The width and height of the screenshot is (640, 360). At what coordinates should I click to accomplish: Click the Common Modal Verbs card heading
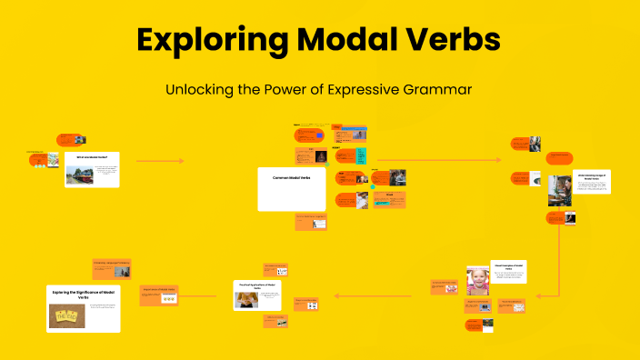pos(292,178)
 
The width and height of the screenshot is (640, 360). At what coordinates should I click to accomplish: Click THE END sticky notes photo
pos(67,315)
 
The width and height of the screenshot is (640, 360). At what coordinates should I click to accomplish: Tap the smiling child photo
pos(478,282)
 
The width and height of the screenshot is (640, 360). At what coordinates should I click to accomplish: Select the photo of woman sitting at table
pos(560,190)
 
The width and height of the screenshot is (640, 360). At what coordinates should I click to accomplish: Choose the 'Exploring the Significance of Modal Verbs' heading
pos(83,295)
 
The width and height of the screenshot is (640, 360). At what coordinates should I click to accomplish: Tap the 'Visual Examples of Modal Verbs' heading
pos(509,267)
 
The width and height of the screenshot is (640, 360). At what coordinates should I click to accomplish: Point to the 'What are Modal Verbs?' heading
pos(92,157)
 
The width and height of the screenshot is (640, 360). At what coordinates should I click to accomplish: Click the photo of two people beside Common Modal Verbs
pos(396,177)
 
